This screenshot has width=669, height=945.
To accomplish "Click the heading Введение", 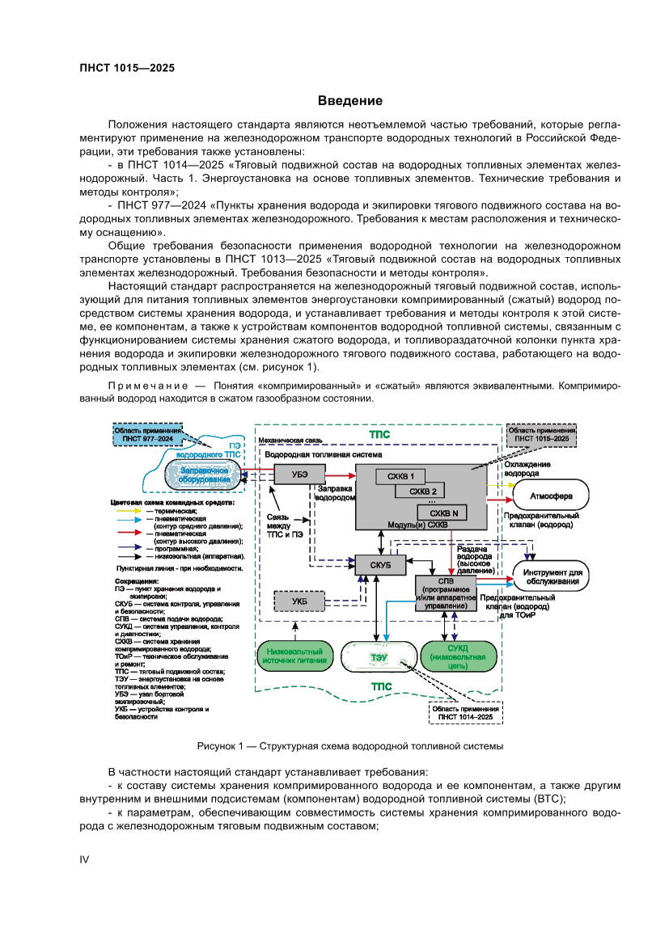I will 349,101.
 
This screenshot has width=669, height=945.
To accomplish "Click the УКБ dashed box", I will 299,601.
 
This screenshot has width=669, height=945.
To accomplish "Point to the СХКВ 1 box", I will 400,476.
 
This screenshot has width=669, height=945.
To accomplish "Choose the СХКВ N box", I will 443,513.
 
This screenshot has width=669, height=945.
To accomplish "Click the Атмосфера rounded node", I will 551,496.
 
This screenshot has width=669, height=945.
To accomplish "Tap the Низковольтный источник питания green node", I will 294,656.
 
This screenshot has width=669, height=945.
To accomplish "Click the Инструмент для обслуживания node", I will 550,576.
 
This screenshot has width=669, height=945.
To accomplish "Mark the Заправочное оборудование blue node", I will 204,475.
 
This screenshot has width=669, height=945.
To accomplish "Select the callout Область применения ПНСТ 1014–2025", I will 464,712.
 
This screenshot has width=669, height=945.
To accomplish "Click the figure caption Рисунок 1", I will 349,746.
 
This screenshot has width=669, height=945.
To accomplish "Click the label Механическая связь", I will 290,441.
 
